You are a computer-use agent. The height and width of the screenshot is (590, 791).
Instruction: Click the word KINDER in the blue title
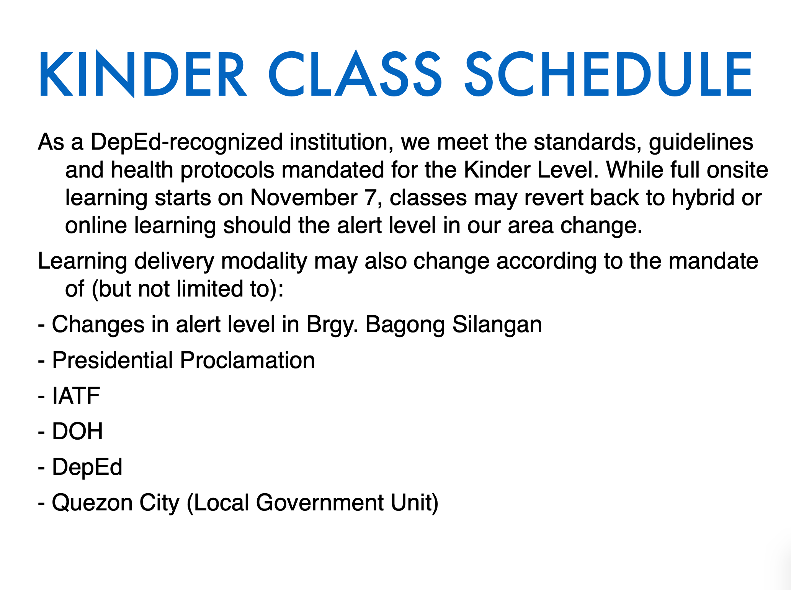143,74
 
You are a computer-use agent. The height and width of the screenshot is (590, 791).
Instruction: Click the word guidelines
701,143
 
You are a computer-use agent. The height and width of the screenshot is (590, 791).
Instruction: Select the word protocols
227,171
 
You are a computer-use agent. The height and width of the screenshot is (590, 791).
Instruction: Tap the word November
304,198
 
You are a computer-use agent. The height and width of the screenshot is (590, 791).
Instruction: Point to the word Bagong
405,325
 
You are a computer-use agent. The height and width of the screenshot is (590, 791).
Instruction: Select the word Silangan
497,325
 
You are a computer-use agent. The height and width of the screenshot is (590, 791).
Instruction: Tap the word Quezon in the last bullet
92,503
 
